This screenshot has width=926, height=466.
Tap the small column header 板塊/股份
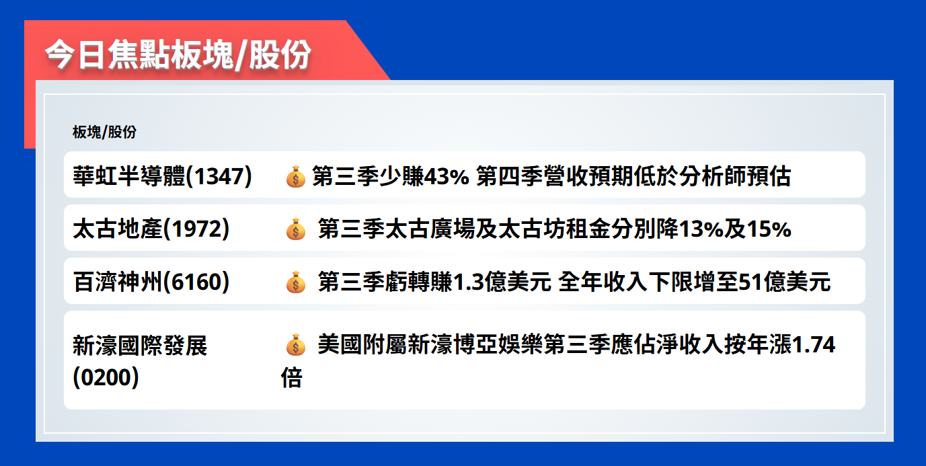(x=104, y=132)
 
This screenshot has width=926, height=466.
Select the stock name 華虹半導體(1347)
(x=162, y=176)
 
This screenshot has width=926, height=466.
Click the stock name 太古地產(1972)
(x=151, y=229)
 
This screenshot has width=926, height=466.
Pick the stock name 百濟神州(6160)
(x=151, y=282)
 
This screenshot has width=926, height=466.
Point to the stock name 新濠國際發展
(x=140, y=346)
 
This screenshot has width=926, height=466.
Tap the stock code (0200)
(x=106, y=377)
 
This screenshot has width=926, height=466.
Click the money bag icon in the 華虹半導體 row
(x=295, y=177)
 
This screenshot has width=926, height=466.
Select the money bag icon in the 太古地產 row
(x=295, y=230)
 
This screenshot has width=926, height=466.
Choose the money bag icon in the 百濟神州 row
(x=295, y=283)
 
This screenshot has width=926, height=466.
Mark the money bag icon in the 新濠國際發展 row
(x=295, y=346)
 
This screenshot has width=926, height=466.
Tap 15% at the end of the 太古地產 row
(x=769, y=229)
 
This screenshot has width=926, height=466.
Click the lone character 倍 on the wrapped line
(x=292, y=378)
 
